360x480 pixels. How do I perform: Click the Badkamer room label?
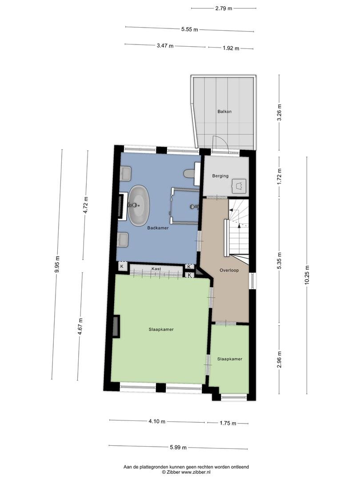pyautogui.click(x=158, y=228)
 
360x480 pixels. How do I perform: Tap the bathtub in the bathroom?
pyautogui.click(x=139, y=205)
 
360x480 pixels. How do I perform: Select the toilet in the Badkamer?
pyautogui.click(x=189, y=174)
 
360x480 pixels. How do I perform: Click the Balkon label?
pyautogui.click(x=224, y=112)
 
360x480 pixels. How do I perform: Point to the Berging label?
pyautogui.click(x=220, y=176)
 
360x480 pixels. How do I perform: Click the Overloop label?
pyautogui.click(x=229, y=270)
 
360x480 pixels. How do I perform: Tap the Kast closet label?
pyautogui.click(x=156, y=269)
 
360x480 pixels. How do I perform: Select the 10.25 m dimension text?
pyautogui.click(x=307, y=275)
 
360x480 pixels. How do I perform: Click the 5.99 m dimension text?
pyautogui.click(x=178, y=448)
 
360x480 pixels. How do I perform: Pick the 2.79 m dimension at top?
pyautogui.click(x=224, y=8)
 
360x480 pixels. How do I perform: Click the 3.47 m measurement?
pyautogui.click(x=165, y=46)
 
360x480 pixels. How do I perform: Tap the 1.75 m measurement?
pyautogui.click(x=228, y=424)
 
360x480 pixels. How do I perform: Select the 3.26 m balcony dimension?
pyautogui.click(x=279, y=112)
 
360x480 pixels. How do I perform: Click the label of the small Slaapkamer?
pyautogui.click(x=230, y=359)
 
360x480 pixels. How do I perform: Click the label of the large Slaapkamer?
pyautogui.click(x=161, y=329)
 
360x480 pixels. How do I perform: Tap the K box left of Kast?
pyautogui.click(x=122, y=266)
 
